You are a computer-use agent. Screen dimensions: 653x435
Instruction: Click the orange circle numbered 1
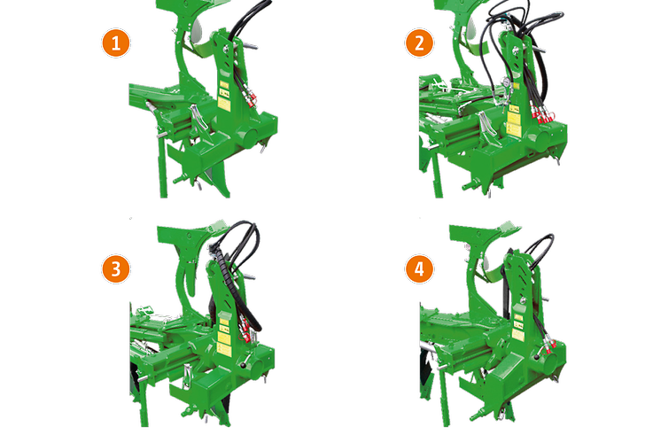point(116,43)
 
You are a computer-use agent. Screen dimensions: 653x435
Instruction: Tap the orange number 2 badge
point(419,43)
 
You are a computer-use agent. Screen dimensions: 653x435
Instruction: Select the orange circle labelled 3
point(116,269)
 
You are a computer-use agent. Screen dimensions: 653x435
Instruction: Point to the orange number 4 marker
point(419,269)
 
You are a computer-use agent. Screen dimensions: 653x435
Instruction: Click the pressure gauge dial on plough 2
point(506,82)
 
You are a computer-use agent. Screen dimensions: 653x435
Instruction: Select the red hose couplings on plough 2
point(542,116)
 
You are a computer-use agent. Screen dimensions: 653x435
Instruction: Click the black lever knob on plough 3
point(243,366)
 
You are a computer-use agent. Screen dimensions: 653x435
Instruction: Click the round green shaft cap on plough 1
point(250,138)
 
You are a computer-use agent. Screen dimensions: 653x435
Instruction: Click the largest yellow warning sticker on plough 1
point(224,104)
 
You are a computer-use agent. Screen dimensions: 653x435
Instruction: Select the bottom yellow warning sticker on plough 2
point(513,130)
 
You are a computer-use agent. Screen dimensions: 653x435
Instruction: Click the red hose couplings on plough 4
point(548,346)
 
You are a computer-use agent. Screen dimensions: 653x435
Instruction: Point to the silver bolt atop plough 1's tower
point(225,49)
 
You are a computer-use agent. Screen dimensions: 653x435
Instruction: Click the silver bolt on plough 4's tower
point(523,299)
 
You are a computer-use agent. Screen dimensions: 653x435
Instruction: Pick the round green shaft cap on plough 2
point(541,142)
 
